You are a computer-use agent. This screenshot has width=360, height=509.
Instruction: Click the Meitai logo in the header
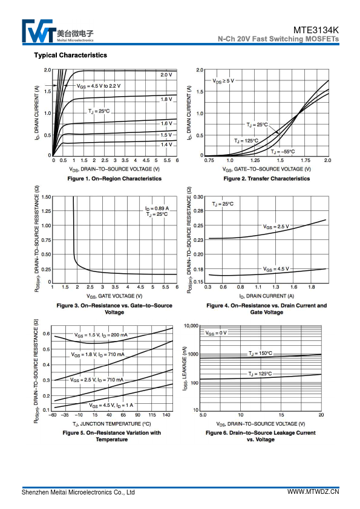[58, 31]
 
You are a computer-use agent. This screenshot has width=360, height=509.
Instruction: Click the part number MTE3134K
[316, 30]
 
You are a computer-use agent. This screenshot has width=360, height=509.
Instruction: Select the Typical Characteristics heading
[71, 55]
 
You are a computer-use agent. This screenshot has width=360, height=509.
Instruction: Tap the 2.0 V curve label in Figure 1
[166, 75]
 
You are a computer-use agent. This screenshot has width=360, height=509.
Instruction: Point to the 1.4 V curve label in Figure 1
[166, 144]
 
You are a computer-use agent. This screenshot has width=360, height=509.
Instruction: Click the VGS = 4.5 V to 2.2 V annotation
[99, 86]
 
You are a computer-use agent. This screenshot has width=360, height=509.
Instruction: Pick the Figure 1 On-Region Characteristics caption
[114, 178]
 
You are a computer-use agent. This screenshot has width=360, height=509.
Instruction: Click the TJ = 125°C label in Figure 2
[246, 141]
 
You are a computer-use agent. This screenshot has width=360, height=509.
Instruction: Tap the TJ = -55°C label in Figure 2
[283, 152]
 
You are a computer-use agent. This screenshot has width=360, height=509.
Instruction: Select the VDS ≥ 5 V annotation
[223, 81]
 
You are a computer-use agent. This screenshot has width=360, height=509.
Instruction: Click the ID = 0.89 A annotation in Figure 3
[157, 209]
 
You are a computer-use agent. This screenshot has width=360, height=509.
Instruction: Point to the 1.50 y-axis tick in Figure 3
[46, 196]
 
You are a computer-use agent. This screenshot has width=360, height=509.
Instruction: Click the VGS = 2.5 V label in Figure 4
[276, 227]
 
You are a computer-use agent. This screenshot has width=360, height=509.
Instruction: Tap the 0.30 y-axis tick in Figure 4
[198, 196]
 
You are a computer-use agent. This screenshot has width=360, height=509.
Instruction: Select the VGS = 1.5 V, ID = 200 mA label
[101, 335]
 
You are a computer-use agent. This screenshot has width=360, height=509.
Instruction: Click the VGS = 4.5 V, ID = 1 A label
[111, 406]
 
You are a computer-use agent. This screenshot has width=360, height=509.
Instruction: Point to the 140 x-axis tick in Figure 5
[166, 415]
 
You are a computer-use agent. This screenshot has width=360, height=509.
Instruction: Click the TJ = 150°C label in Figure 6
[261, 353]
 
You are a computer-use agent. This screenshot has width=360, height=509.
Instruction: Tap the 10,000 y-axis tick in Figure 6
[191, 326]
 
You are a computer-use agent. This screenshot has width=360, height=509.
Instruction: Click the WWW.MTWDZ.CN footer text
[313, 492]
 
